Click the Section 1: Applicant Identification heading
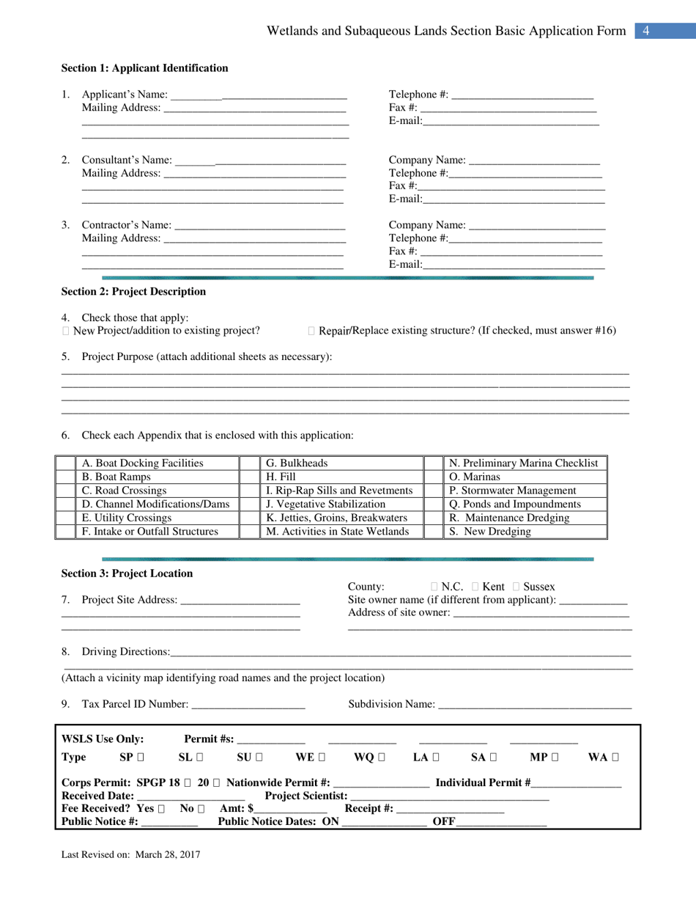(144, 68)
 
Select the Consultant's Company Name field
(533, 161)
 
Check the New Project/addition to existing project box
(67, 331)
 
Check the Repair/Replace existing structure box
(312, 331)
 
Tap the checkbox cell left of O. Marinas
(434, 477)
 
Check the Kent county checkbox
(475, 587)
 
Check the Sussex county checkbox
(516, 587)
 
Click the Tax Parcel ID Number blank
(248, 705)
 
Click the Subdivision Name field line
(535, 705)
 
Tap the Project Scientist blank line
(450, 796)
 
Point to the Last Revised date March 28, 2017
(165, 854)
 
